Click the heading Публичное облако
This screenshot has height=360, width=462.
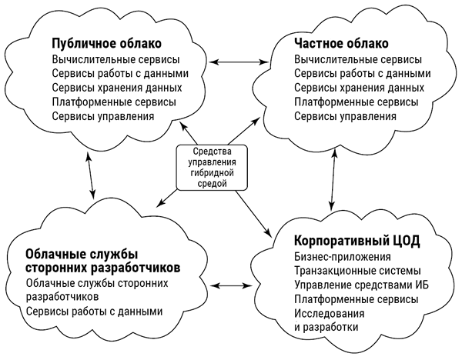pyautogui.click(x=107, y=43)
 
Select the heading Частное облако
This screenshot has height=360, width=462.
pyautogui.click(x=341, y=43)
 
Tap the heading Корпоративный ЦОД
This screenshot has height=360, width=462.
pyautogui.click(x=357, y=241)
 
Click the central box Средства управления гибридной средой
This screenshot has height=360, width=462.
pyautogui.click(x=212, y=168)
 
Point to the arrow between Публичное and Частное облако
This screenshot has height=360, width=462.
pyautogui.click(x=239, y=62)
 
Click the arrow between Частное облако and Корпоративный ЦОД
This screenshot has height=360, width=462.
pyautogui.click(x=333, y=179)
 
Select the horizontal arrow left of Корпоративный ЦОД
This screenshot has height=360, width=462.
pyautogui.click(x=231, y=285)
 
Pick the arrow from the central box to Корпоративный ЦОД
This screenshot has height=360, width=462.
pyautogui.click(x=253, y=213)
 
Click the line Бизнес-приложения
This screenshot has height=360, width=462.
pyautogui.click(x=343, y=257)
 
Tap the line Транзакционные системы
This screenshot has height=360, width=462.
pyautogui.click(x=357, y=271)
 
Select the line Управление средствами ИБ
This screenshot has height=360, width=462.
pyautogui.click(x=362, y=285)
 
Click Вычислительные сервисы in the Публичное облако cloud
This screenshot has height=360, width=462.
pyautogui.click(x=115, y=59)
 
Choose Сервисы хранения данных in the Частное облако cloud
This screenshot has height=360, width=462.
pyautogui.click(x=359, y=88)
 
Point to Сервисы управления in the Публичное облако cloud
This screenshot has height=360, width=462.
pyautogui.click(x=103, y=116)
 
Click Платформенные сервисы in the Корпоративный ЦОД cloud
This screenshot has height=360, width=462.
pyautogui.click(x=357, y=299)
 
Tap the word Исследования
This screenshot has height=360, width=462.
pyautogui.click(x=330, y=313)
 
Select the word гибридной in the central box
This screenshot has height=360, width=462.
pyautogui.click(x=213, y=173)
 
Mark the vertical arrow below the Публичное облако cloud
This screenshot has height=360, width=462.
pyautogui.click(x=91, y=175)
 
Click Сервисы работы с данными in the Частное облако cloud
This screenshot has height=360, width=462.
pyautogui.click(x=363, y=73)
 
